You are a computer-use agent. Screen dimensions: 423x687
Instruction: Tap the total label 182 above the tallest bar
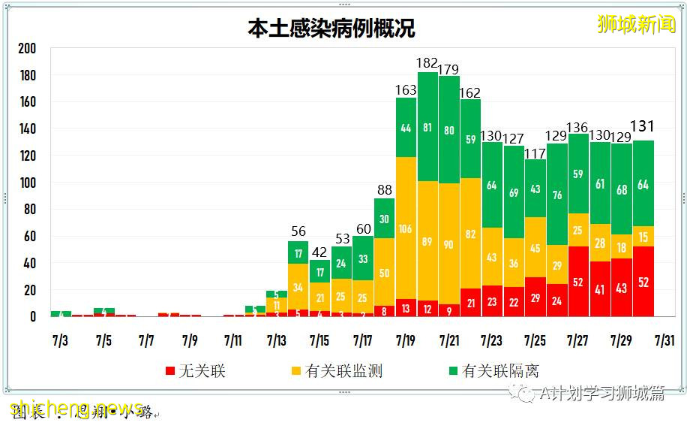coord(427,63)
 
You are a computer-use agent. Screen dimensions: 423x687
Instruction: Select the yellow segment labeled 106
coord(406,228)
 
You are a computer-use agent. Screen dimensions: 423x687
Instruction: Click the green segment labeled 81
coord(427,127)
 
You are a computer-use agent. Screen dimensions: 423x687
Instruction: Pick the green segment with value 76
coord(557,195)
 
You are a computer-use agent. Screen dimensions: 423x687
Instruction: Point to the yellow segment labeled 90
coord(449,244)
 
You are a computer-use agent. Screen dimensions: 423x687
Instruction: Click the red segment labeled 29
coord(535,298)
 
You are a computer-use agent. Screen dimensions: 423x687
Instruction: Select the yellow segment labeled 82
coord(470,234)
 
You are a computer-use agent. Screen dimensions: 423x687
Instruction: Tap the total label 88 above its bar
coord(384,189)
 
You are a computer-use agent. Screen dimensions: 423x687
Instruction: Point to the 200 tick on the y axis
coord(27,49)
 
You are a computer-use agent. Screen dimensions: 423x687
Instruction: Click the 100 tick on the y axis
coord(27,183)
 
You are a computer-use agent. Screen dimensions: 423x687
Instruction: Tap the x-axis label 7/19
coord(406,340)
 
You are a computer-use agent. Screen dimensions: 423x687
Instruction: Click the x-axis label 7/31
coord(665,340)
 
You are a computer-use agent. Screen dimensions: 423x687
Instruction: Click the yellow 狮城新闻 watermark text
coord(636,24)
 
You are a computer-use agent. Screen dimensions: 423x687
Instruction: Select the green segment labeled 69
coord(514,192)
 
